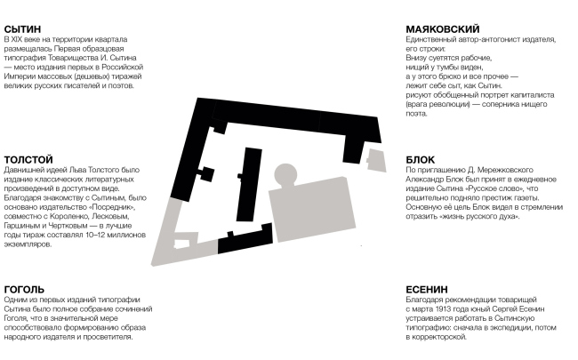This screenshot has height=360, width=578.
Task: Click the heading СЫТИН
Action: tap(23, 29)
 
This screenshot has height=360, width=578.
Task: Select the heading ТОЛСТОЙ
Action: tap(28, 159)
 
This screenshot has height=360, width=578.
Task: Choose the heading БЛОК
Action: tap(420, 159)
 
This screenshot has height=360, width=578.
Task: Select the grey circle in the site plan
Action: tap(288, 174)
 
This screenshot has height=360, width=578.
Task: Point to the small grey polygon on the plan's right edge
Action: tap(376, 161)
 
